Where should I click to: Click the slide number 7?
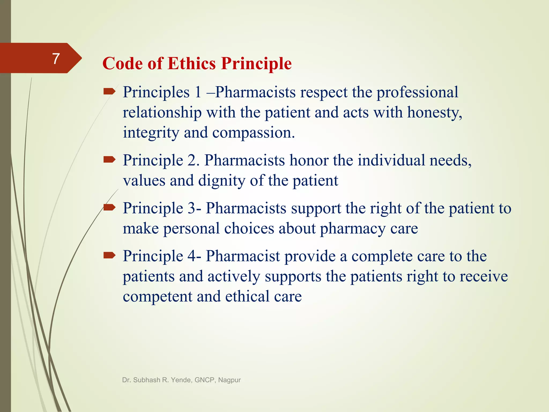click(x=56, y=58)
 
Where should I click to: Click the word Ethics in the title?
click(x=191, y=64)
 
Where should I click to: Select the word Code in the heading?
click(x=123, y=64)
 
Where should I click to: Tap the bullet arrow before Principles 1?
click(x=109, y=92)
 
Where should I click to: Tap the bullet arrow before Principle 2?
click(x=109, y=160)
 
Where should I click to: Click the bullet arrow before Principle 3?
click(x=109, y=207)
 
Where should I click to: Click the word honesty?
click(x=435, y=113)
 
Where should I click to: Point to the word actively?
click(x=234, y=277)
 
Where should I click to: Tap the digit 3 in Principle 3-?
click(x=191, y=208)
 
